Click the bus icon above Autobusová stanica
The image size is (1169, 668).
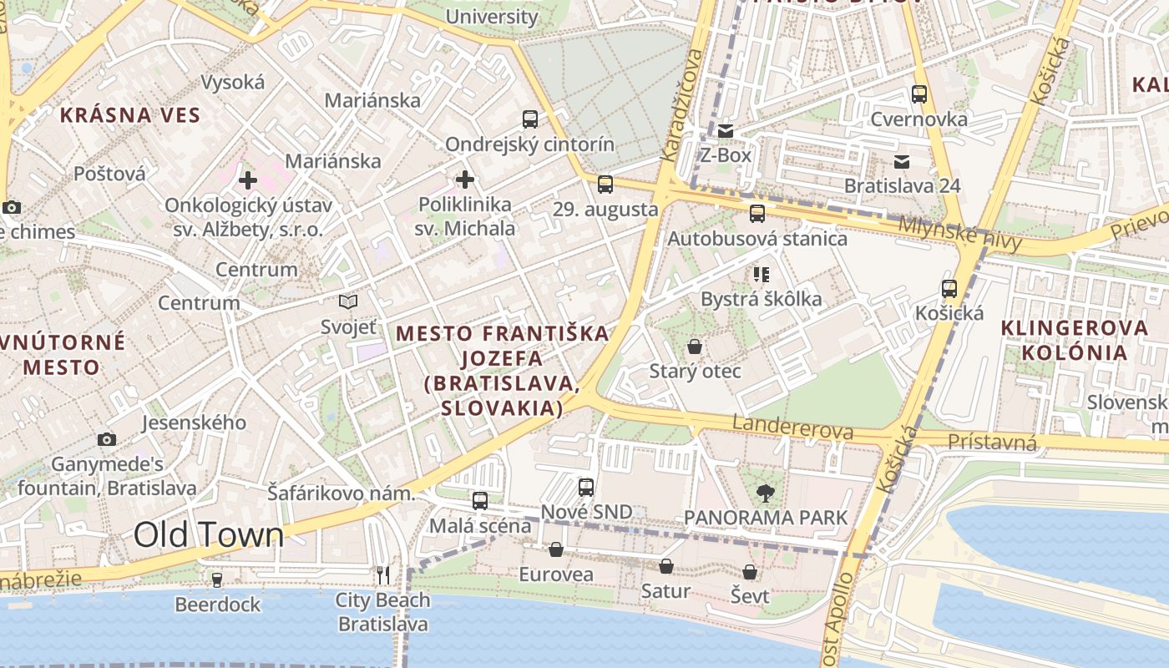tap(757, 214)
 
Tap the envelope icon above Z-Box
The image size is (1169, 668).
tap(725, 130)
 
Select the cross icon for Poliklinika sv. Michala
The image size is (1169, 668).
tap(465, 179)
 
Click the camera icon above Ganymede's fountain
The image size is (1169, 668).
tap(106, 439)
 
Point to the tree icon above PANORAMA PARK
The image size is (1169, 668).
tap(764, 493)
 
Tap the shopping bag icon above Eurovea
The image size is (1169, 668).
tap(555, 549)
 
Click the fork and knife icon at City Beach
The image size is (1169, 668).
tap(383, 574)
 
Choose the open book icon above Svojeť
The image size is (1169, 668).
tap(348, 301)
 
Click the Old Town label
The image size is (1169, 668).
tap(209, 535)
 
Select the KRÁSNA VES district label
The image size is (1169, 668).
tap(129, 115)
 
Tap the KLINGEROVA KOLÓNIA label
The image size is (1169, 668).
tap(1075, 339)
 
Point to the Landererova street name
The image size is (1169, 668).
tap(792, 428)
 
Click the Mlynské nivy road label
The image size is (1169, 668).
tap(960, 233)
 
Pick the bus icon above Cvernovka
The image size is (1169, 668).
tap(919, 94)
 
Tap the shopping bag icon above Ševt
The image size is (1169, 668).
tap(750, 572)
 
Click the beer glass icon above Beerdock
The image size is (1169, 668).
tap(217, 579)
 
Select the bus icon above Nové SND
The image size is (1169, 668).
tap(586, 487)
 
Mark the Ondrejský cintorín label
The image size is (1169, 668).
tap(529, 144)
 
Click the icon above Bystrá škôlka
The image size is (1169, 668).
tap(761, 274)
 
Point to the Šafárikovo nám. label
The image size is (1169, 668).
tap(341, 493)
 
